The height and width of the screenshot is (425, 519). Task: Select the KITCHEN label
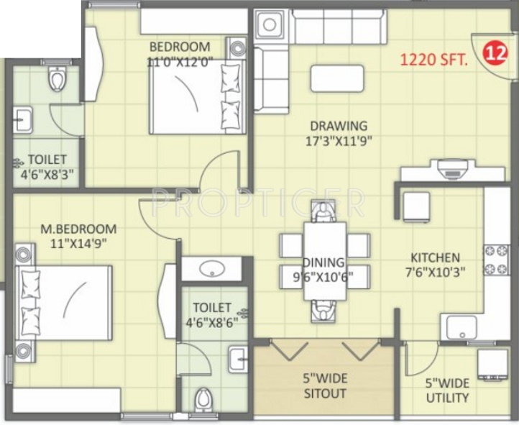(x=435, y=257)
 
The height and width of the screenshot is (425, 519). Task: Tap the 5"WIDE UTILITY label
(x=447, y=390)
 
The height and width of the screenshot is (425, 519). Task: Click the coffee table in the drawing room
(x=337, y=78)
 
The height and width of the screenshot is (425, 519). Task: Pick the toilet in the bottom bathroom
(x=204, y=401)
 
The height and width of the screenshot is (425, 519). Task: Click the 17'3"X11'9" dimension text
(x=338, y=141)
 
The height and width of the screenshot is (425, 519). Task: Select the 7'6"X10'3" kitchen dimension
(x=435, y=273)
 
